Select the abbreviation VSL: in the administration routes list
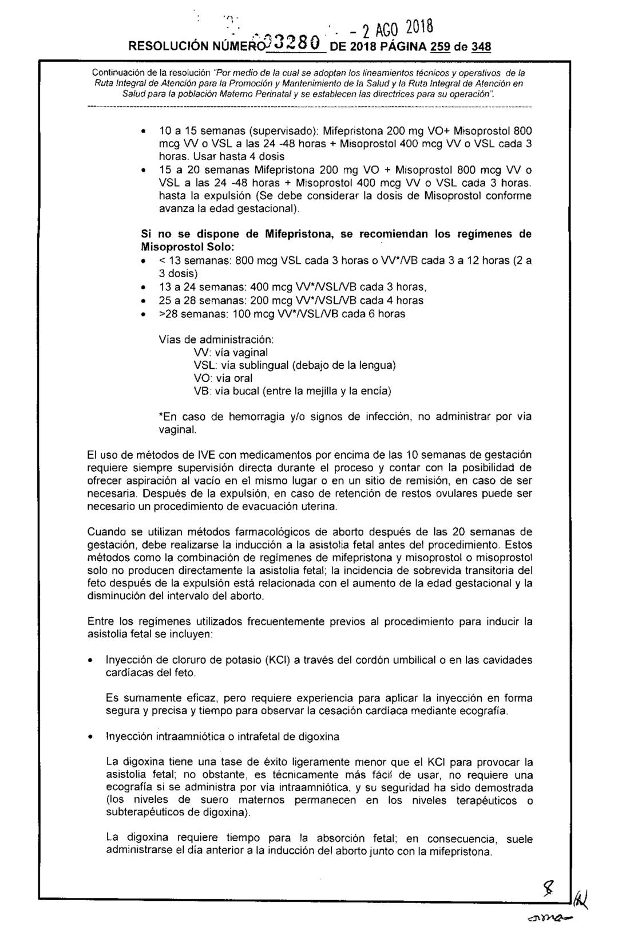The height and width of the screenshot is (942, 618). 204,365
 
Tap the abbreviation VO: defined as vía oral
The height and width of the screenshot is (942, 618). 203,378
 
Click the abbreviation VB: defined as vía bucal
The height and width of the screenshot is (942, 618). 203,391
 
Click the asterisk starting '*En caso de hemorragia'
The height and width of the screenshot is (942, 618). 160,417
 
